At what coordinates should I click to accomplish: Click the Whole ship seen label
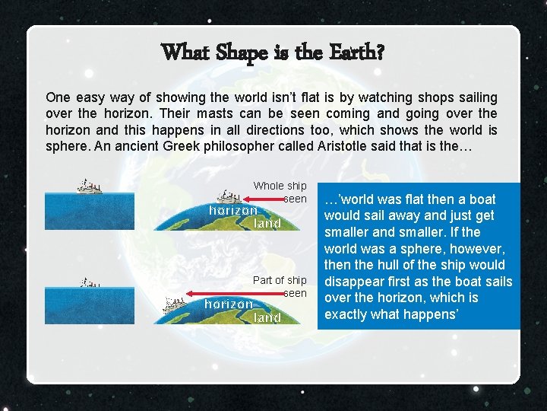point(280,192)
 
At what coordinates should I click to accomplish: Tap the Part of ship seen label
point(280,286)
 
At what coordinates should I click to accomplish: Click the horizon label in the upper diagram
point(233,209)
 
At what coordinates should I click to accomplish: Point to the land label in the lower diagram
point(267,317)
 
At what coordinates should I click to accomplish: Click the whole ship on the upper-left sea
point(89,186)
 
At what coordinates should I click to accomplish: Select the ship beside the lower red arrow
point(175,304)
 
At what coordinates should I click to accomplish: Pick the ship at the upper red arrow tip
point(226,197)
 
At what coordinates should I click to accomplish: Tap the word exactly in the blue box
point(346,314)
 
